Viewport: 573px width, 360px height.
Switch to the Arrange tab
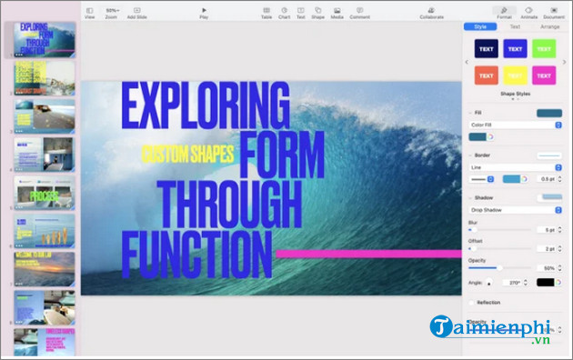pyautogui.click(x=549, y=27)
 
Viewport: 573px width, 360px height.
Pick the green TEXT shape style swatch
pyautogui.click(x=544, y=49)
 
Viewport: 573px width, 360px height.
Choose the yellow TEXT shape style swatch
pyautogui.click(x=515, y=75)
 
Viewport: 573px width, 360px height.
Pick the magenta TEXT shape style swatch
pyautogui.click(x=544, y=75)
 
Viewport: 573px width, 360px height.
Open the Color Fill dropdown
pyautogui.click(x=515, y=125)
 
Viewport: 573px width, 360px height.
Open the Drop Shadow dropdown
pyautogui.click(x=515, y=210)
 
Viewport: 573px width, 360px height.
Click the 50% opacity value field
pyautogui.click(x=546, y=268)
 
